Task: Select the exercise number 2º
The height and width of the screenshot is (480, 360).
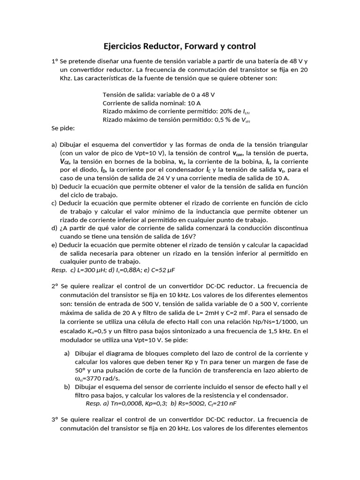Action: pyautogui.click(x=55, y=285)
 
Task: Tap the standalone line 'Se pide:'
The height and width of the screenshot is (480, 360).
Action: pyautogui.click(x=63, y=128)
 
